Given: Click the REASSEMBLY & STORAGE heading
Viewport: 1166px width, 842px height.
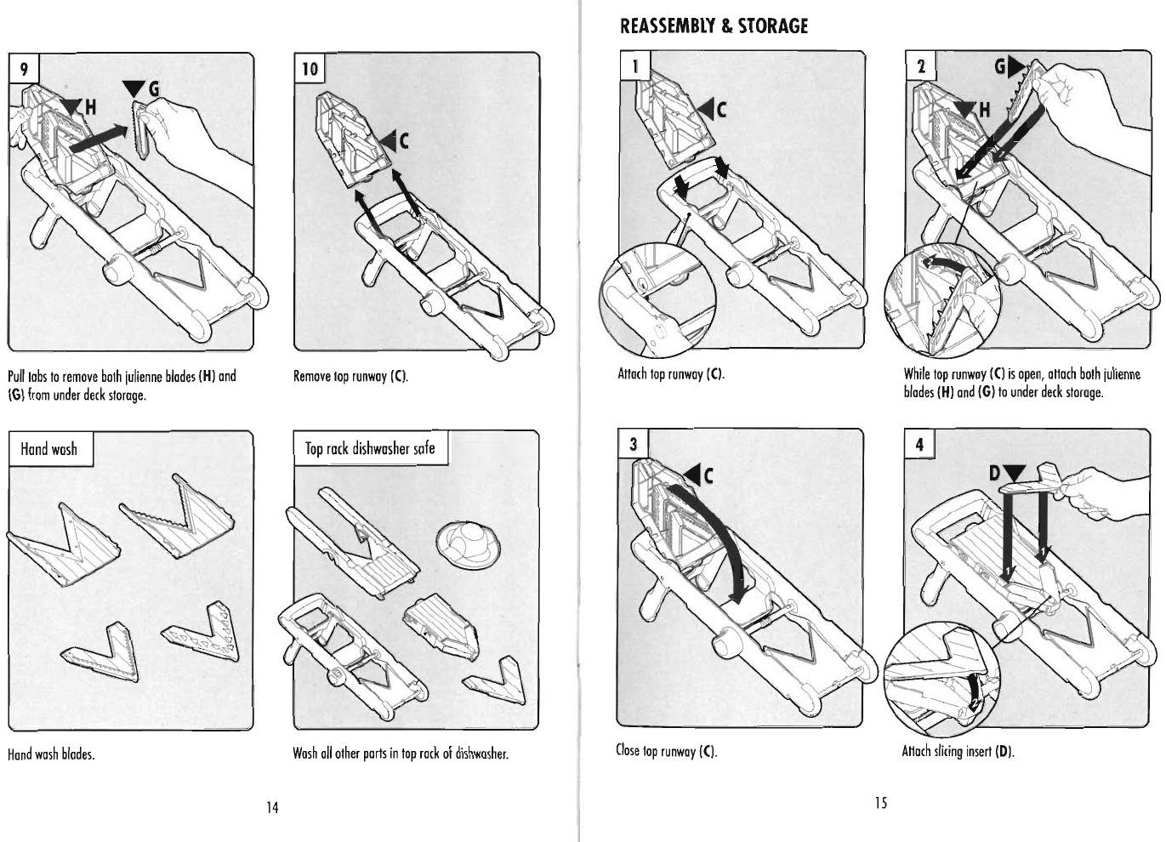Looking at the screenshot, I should click(714, 26).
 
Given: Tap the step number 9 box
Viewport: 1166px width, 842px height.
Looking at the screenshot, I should click(24, 68).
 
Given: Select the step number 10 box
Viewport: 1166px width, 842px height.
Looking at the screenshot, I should click(310, 68).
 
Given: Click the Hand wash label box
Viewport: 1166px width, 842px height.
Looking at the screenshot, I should click(48, 449).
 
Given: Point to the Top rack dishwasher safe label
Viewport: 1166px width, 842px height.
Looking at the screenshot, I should click(370, 448).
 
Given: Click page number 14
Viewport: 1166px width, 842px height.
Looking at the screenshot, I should click(272, 806).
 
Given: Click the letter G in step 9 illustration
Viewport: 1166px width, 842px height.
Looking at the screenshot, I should click(153, 88).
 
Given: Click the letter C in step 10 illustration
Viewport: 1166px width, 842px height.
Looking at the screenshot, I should click(404, 142).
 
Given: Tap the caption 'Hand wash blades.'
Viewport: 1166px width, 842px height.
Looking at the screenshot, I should click(50, 754).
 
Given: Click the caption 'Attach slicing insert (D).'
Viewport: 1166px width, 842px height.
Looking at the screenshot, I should click(958, 751).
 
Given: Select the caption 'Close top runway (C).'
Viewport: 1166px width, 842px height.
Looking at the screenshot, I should click(667, 751).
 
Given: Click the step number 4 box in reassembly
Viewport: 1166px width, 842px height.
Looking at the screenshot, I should click(919, 444).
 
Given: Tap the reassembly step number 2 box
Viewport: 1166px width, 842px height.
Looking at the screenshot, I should click(920, 66).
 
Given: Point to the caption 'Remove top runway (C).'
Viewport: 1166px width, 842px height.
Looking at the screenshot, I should click(350, 376).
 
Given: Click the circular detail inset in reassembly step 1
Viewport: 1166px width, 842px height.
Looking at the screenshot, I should click(657, 301).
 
